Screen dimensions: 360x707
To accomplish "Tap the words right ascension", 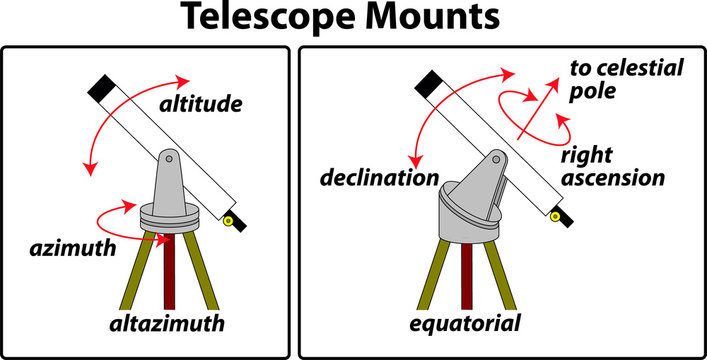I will [x=611, y=167].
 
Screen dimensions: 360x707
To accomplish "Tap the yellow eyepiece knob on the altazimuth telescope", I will [x=229, y=219].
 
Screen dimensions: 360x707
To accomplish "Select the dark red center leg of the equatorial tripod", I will [x=467, y=275].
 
